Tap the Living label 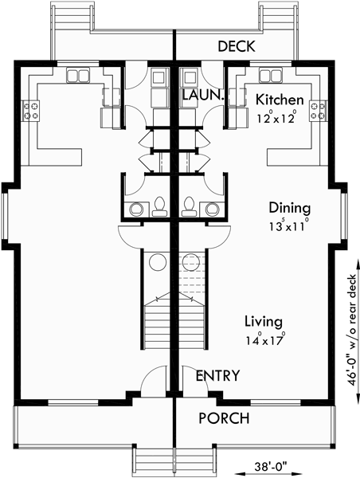pyautogui.click(x=264, y=322)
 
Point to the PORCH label pyautogui.click(x=223, y=418)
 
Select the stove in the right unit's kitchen pyautogui.click(x=318, y=109)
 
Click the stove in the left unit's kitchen pyautogui.click(x=34, y=109)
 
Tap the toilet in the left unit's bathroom pyautogui.click(x=159, y=207)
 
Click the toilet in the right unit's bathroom pyautogui.click(x=190, y=207)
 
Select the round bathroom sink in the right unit pyautogui.click(x=211, y=210)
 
